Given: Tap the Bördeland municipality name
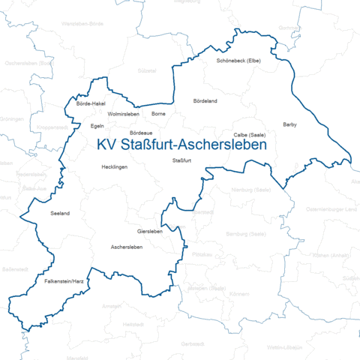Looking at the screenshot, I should [205, 100].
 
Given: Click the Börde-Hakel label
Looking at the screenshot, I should [91, 104].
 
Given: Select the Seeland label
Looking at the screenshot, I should [59, 214].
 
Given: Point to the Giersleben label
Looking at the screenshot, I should [150, 231].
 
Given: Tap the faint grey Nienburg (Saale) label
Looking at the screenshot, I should [251, 190].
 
